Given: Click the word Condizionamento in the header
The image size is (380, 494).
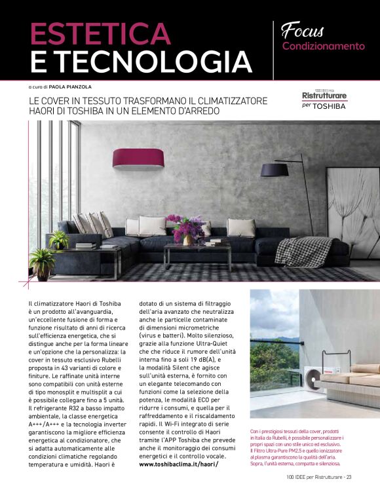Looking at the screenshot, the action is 323,47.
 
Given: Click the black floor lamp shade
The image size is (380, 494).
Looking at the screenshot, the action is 275,170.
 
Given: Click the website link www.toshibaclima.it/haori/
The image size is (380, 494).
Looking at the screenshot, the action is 179,465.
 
